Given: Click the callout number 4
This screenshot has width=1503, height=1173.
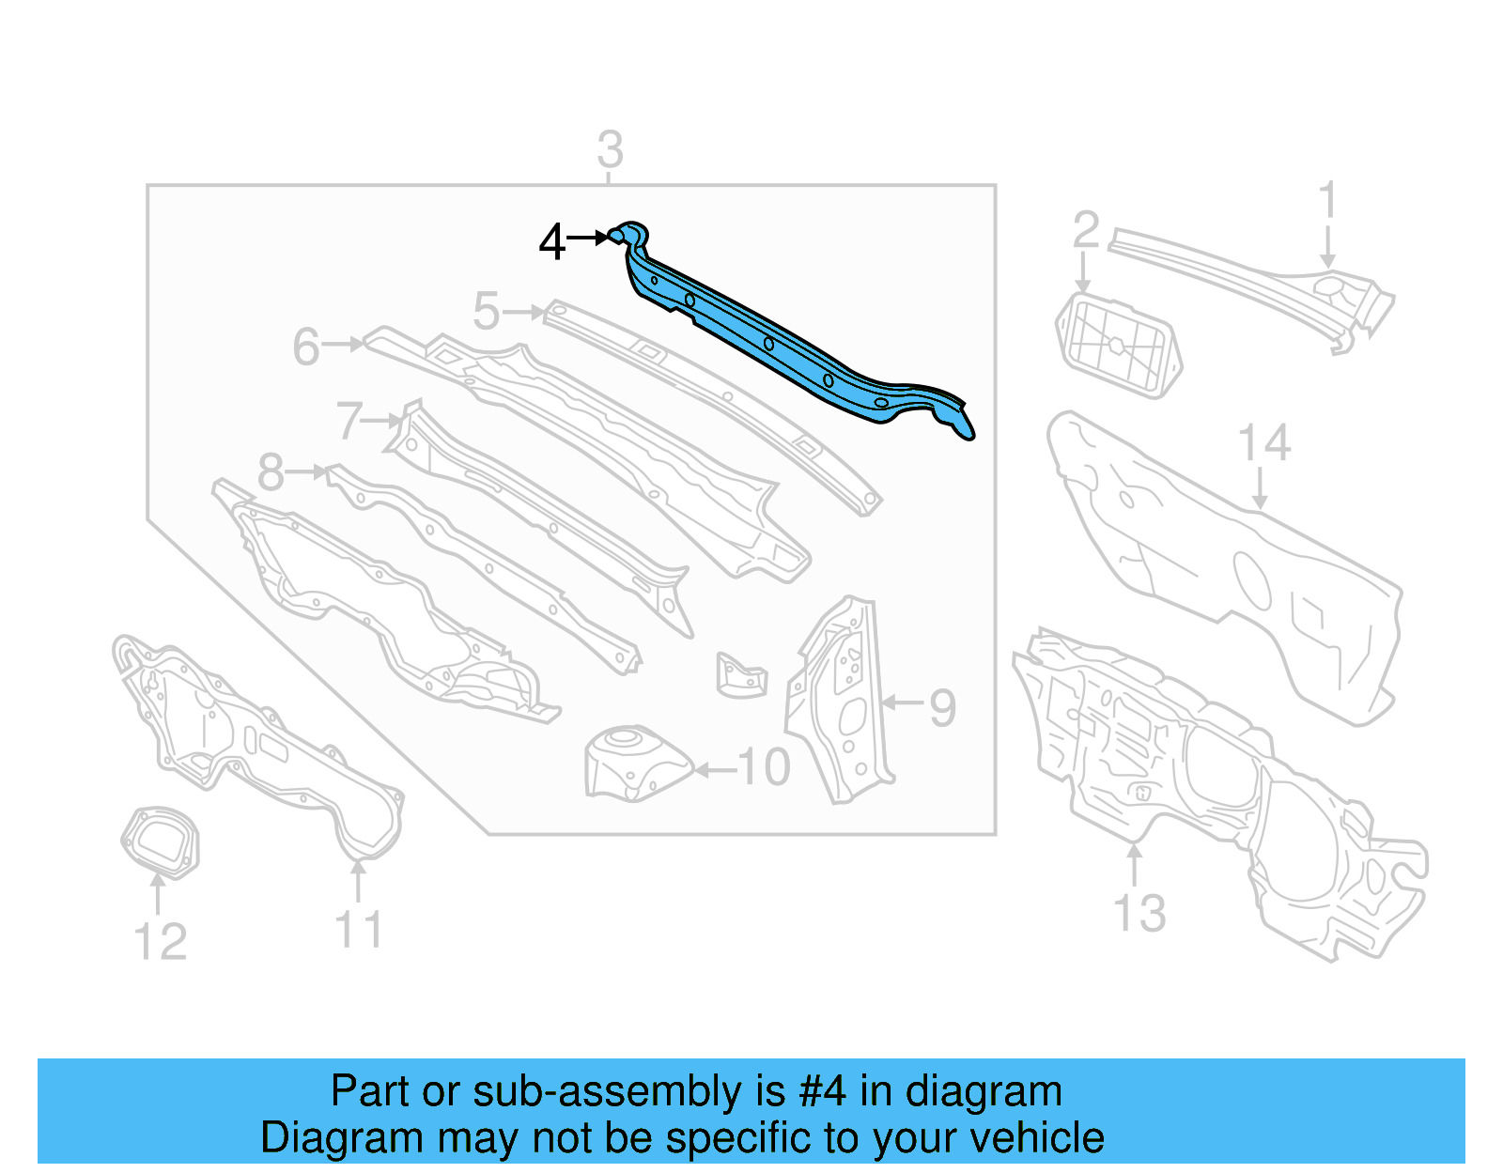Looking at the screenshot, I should click(551, 242).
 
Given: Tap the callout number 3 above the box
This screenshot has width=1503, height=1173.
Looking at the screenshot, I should click(610, 150).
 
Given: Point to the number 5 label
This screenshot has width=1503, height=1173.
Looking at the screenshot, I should click(486, 311).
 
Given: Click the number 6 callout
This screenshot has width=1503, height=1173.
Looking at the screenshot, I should click(306, 347).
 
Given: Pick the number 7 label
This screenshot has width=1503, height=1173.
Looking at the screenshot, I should click(349, 420).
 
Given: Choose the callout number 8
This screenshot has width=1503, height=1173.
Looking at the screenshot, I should click(271, 472).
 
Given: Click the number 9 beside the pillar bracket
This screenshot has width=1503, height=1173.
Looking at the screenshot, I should click(942, 707).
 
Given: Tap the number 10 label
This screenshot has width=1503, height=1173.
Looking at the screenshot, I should click(764, 768).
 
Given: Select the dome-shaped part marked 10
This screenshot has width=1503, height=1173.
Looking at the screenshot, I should click(634, 763).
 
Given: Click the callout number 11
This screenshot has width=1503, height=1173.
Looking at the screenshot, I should click(359, 930).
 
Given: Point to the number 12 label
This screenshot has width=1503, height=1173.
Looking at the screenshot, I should click(161, 942).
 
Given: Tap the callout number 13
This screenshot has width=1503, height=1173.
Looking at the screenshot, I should click(1139, 912).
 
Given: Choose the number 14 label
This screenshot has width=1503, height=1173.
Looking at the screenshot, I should click(1263, 442).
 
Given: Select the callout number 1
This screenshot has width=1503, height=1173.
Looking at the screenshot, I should click(1327, 202).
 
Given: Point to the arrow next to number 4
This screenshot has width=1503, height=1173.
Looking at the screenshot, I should click(587, 239).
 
